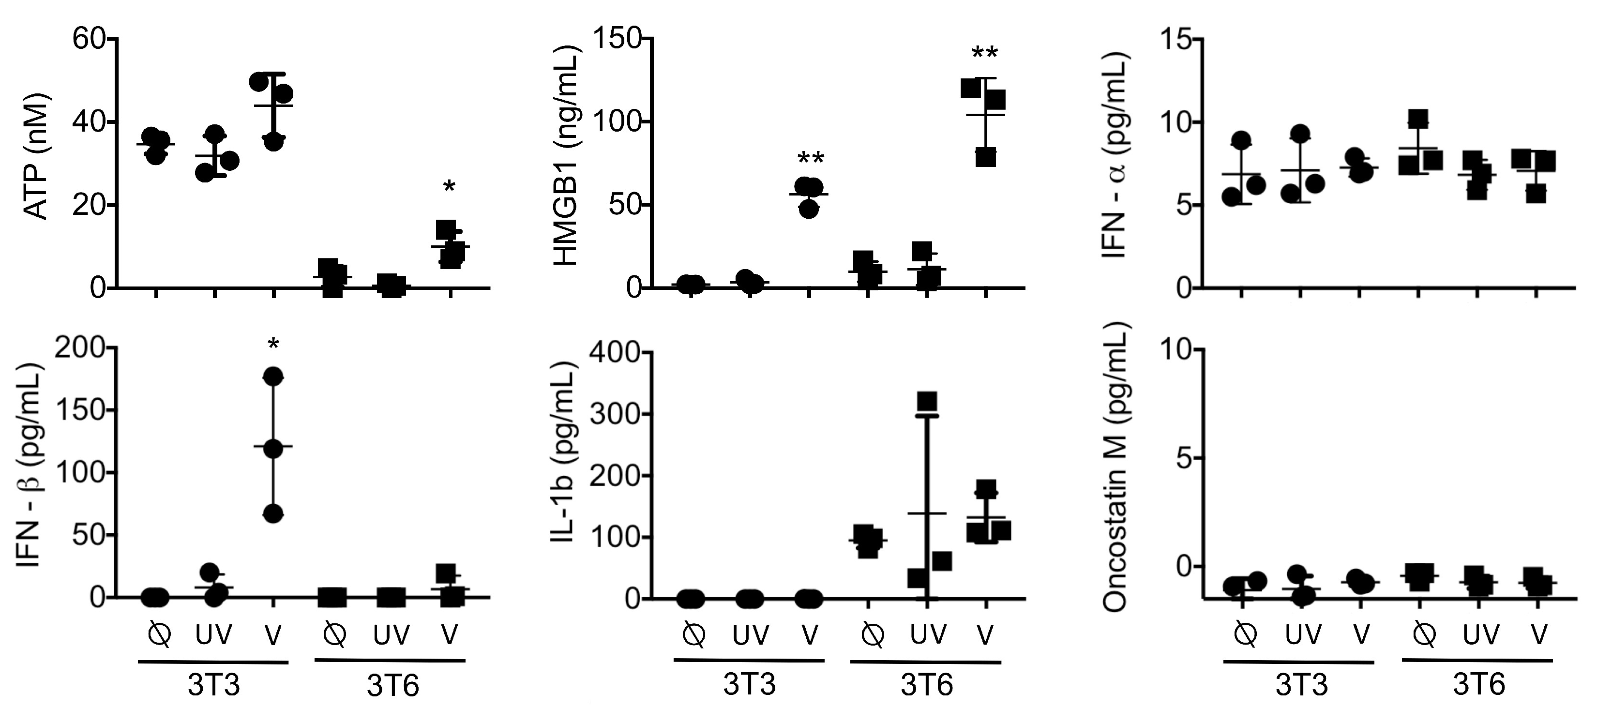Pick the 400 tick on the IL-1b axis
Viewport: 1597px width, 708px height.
tap(617, 352)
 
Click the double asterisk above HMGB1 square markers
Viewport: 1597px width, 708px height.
tap(984, 53)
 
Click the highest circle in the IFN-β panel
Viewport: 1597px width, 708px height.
tap(273, 377)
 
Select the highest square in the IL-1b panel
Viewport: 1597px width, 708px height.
tap(927, 401)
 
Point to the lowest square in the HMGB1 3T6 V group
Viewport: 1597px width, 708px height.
tap(986, 157)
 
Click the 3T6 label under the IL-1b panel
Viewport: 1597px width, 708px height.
tap(926, 685)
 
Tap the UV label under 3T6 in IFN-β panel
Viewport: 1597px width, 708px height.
tap(391, 635)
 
